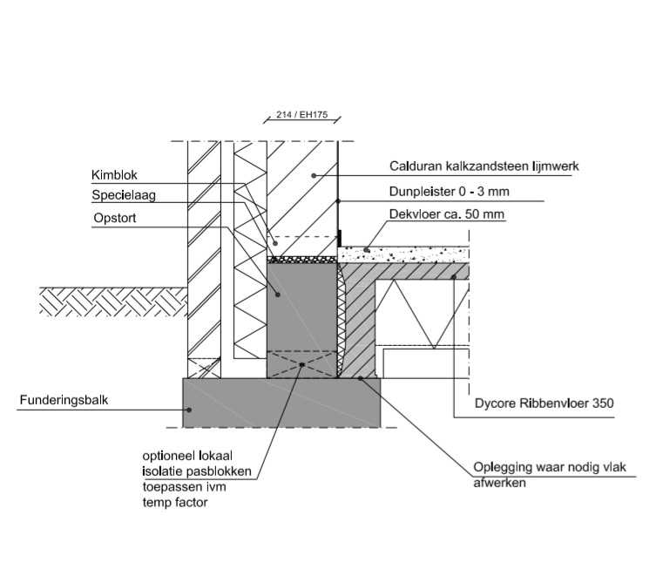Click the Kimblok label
tap(114, 175)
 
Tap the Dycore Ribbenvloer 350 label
tap(538, 404)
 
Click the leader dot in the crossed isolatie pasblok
tap(301, 363)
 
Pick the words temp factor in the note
tap(176, 503)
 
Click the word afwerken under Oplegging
tap(498, 481)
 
